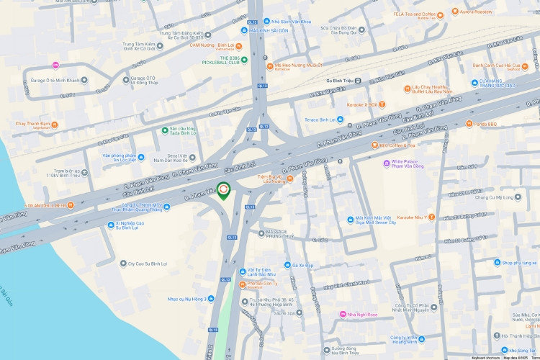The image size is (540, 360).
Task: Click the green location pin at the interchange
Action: pyautogui.click(x=224, y=191)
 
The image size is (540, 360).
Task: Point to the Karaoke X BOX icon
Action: pyautogui.click(x=383, y=104)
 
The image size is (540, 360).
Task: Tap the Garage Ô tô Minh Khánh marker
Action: pyautogui.click(x=84, y=80)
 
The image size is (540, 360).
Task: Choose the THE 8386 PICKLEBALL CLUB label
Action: pyautogui.click(x=224, y=60)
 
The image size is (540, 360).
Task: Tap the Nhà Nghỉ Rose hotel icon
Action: pyautogui.click(x=343, y=314)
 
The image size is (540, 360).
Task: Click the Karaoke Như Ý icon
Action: pyautogui.click(x=431, y=217)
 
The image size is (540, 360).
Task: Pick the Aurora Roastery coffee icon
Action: pyautogui.click(x=455, y=12)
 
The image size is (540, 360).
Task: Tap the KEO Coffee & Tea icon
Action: pyautogui.click(x=374, y=145)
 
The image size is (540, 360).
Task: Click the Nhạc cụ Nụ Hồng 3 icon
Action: pyautogui.click(x=210, y=299)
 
